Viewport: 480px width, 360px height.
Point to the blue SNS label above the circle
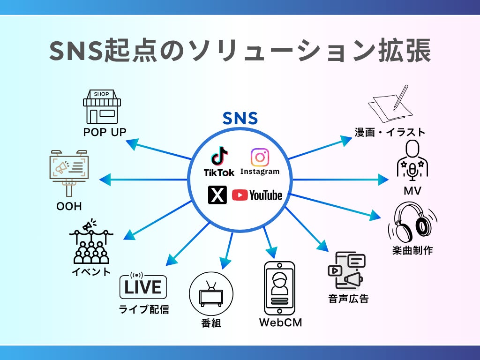(x=240, y=118)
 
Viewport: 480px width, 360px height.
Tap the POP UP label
(x=105, y=132)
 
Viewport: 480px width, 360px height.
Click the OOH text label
(x=69, y=206)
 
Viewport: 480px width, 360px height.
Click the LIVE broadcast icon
(x=143, y=286)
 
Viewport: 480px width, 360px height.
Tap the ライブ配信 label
(x=144, y=309)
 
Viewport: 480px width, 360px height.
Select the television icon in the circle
(x=211, y=294)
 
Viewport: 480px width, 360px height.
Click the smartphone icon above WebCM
(x=280, y=288)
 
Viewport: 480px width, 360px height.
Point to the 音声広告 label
(x=348, y=299)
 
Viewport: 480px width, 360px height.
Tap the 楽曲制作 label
(x=412, y=250)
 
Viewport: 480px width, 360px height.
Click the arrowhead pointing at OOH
(x=104, y=180)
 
